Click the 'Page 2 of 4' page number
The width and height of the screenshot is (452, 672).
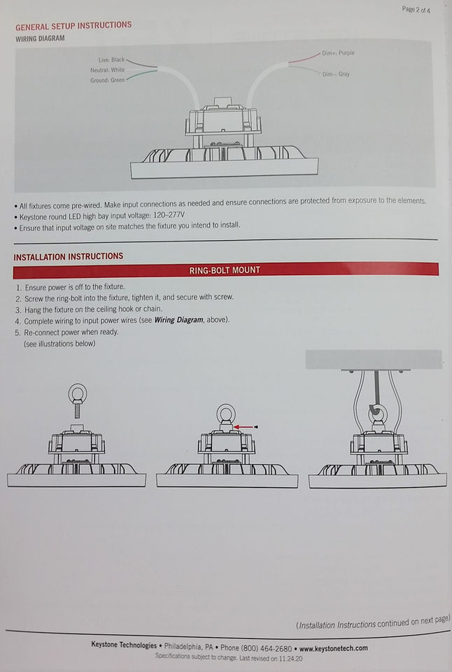[x=416, y=9]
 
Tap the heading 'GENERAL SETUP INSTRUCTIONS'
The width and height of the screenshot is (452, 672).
[x=73, y=26]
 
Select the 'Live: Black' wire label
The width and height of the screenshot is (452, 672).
[x=111, y=59]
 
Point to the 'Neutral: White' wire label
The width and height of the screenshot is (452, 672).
[x=107, y=70]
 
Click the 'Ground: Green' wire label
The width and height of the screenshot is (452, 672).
[x=107, y=80]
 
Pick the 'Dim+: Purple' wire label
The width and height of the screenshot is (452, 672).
[x=338, y=53]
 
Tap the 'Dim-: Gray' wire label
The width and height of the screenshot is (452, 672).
[x=336, y=74]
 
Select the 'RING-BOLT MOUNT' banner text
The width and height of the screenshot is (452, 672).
[x=225, y=270]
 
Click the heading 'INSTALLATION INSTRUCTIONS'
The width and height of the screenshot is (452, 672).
[x=69, y=257]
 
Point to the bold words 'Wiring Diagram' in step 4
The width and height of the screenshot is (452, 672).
[x=178, y=320]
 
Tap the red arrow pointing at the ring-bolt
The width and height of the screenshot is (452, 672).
[x=243, y=427]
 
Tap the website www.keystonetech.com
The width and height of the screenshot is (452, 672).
[x=333, y=648]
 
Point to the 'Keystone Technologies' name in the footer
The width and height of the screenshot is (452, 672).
[x=124, y=645]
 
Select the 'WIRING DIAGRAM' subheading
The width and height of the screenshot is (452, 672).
[x=40, y=38]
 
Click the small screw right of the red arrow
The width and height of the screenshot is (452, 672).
[x=256, y=427]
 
